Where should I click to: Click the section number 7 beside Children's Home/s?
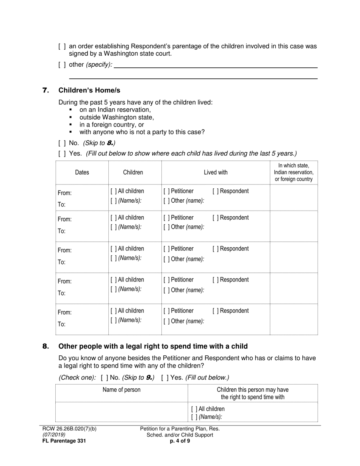(45, 90)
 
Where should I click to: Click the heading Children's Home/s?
(89, 90)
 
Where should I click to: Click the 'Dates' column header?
(82, 172)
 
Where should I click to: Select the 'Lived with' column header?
(216, 172)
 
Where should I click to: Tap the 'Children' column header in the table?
(133, 172)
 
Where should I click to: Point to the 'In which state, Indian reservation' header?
(294, 172)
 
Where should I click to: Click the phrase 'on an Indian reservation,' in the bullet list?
(115, 110)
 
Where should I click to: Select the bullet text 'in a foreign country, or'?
(112, 125)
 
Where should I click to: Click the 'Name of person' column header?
(121, 390)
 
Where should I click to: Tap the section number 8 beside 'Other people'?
(45, 346)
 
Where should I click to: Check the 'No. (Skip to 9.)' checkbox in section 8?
(105, 378)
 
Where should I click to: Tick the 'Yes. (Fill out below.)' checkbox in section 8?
(165, 378)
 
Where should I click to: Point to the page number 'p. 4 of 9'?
(180, 441)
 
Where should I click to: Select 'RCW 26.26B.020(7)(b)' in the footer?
(69, 429)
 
